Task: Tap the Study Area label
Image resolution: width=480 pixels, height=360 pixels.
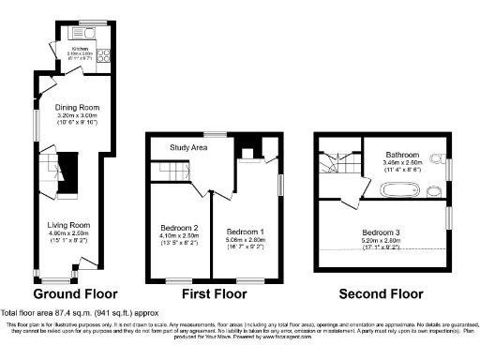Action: tap(188, 147)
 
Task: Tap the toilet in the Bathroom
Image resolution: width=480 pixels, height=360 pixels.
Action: tap(438, 157)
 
